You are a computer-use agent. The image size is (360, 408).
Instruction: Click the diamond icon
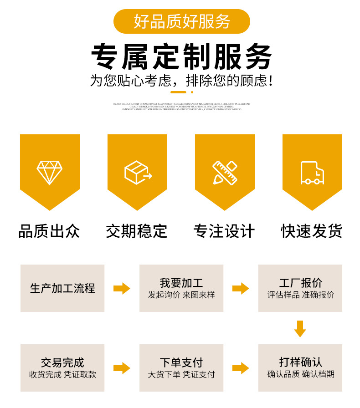(x=50, y=173)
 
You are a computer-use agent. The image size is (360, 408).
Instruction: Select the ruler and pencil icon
(x=225, y=173)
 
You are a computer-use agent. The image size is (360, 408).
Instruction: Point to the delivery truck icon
(x=312, y=173)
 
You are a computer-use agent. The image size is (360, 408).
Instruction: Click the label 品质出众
(x=49, y=231)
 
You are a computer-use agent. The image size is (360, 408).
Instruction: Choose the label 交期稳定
(x=137, y=231)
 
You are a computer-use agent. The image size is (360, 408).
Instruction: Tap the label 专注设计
(x=224, y=231)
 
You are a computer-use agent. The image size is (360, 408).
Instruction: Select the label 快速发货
(x=312, y=231)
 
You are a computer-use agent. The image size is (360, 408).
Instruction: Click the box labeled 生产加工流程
(x=62, y=288)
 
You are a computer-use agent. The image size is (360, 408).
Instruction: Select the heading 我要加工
(x=181, y=283)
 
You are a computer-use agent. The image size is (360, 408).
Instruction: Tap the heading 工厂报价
(x=300, y=283)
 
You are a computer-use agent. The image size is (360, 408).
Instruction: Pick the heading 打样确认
(x=300, y=362)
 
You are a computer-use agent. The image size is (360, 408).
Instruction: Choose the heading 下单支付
(x=181, y=362)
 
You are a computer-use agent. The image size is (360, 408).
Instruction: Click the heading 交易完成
(x=62, y=362)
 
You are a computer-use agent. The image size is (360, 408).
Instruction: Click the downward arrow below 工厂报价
(x=300, y=328)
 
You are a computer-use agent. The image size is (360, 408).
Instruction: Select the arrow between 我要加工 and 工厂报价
(x=241, y=288)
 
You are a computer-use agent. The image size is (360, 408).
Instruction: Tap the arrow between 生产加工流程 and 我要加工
(x=122, y=288)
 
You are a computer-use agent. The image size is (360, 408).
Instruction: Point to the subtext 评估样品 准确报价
(x=300, y=295)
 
